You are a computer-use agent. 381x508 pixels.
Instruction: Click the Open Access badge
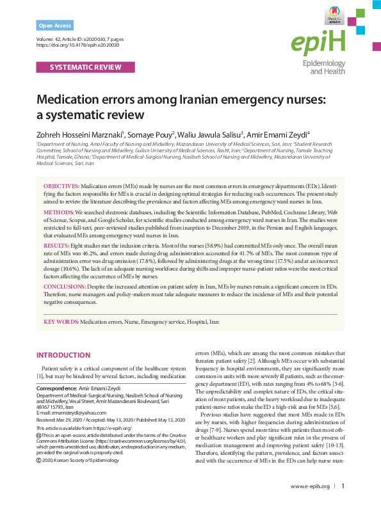pos(55,26)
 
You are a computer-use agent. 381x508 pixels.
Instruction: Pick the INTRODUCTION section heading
pos(63,355)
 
